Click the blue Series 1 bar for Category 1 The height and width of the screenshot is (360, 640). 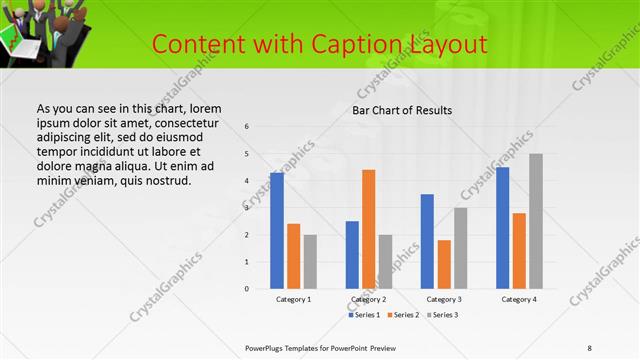277,230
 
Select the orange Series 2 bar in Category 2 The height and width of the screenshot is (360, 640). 369,229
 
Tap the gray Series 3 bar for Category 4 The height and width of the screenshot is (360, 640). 536,221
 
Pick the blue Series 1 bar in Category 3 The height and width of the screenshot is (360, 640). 427,241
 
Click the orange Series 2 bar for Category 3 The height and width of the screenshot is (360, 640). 444,264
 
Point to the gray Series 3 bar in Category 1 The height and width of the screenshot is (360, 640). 310,261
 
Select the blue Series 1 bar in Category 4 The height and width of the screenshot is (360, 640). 502,227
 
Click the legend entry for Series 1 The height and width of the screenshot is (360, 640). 363,315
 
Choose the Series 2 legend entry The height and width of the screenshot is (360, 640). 402,315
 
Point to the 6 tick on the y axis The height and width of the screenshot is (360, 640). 247,127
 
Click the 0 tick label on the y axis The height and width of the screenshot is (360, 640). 247,289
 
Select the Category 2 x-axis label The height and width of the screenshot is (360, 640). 369,299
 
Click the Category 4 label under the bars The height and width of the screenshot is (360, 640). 519,299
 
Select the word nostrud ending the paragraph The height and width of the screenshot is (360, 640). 164,180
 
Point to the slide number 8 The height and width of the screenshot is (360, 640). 589,347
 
